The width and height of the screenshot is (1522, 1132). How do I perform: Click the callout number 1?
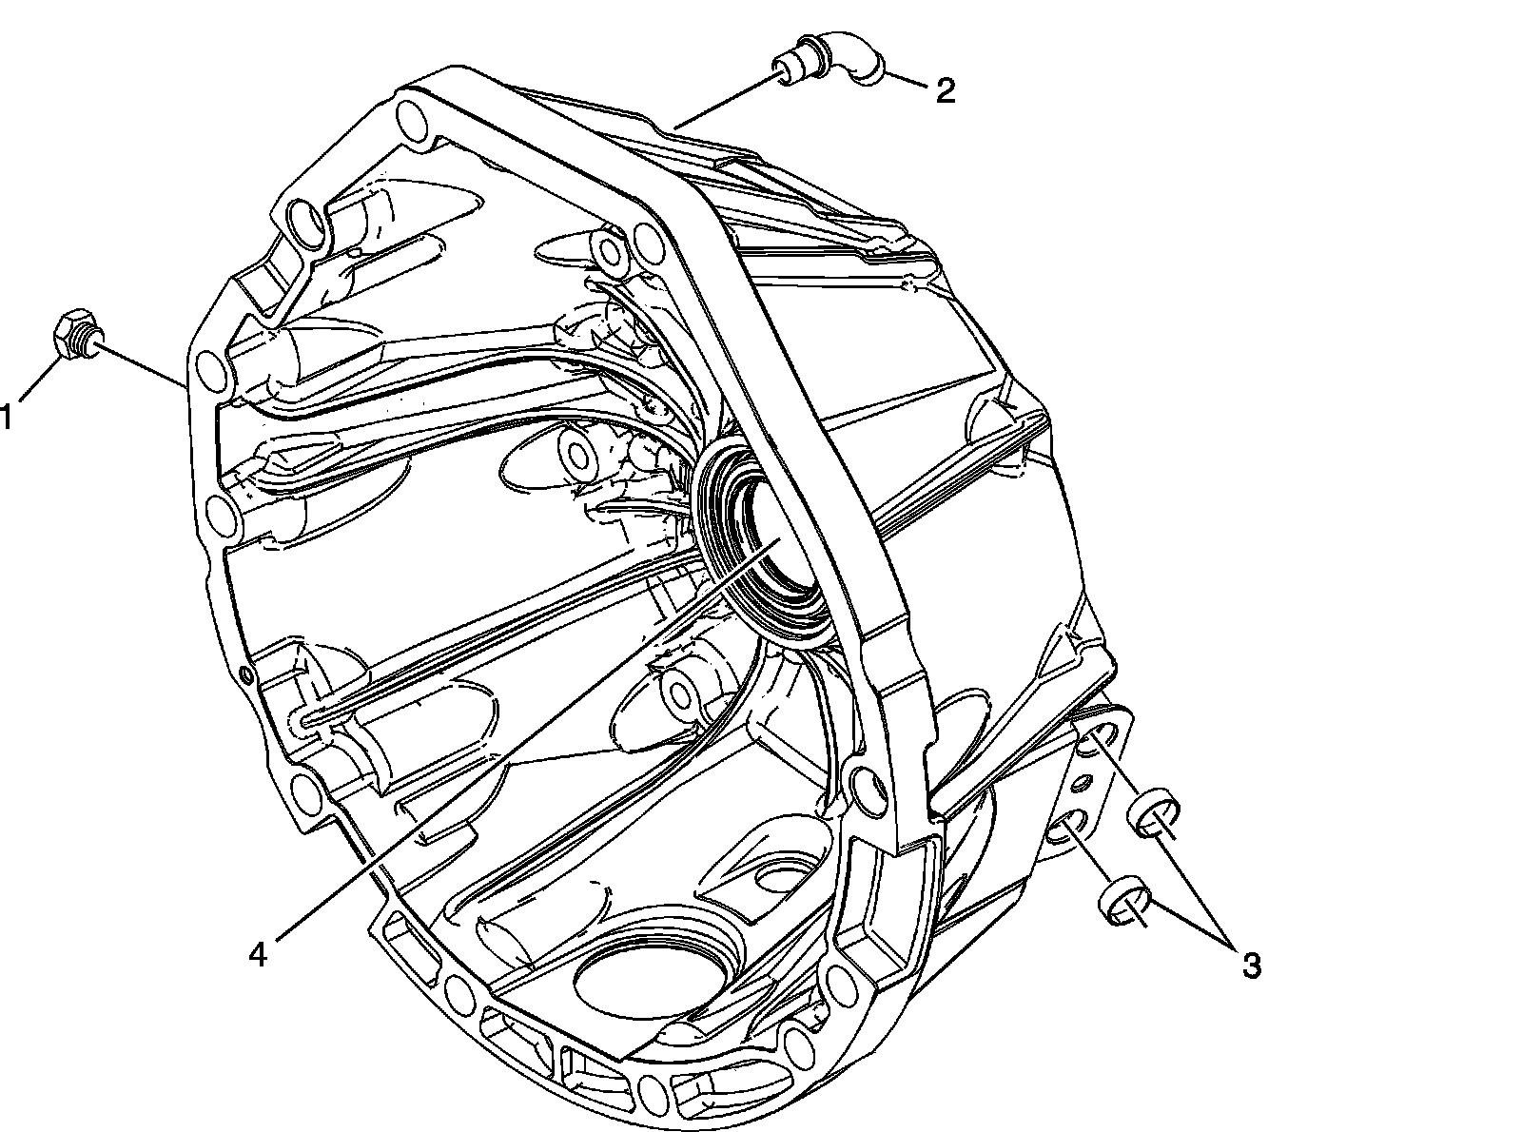point(6,417)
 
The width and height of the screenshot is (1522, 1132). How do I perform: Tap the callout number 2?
point(946,90)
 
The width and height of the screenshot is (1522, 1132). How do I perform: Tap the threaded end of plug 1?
point(94,338)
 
